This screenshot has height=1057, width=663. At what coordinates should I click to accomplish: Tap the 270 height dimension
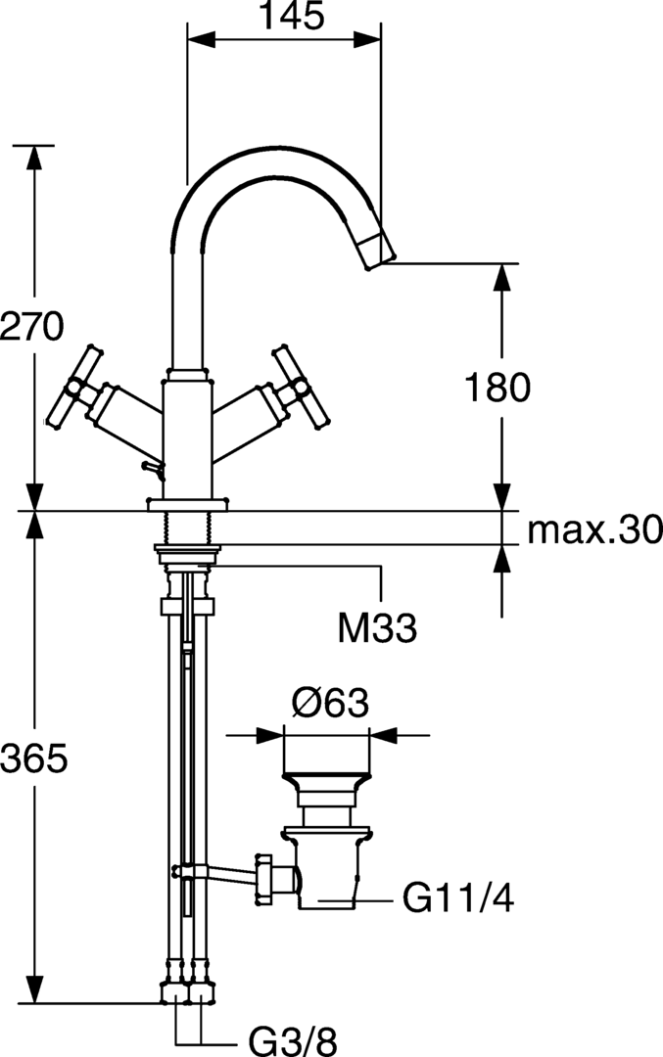pyautogui.click(x=31, y=327)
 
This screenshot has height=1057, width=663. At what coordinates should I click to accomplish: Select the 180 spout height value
pyautogui.click(x=497, y=388)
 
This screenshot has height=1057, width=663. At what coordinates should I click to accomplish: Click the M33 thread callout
pyautogui.click(x=377, y=629)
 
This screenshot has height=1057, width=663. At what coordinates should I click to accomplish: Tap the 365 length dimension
pyautogui.click(x=33, y=759)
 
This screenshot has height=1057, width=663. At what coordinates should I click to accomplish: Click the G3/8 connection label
pyautogui.click(x=293, y=1040)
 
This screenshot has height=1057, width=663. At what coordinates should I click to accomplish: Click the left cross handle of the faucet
pyautogui.click(x=73, y=388)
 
